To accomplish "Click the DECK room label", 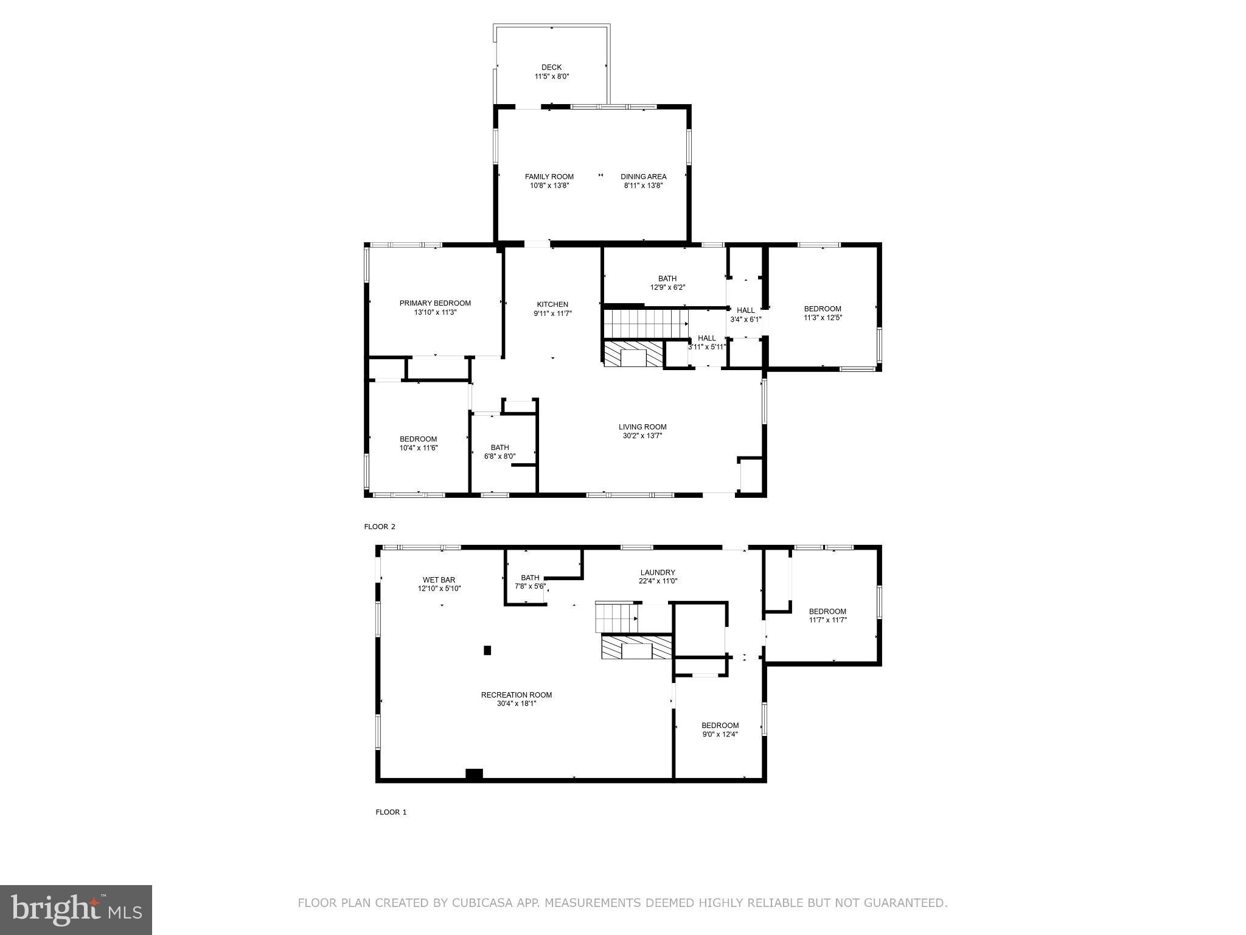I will [x=551, y=68].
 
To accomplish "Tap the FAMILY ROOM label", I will [x=549, y=177].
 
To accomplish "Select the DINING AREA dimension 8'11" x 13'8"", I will [x=643, y=186].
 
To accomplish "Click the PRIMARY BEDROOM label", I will [x=435, y=303].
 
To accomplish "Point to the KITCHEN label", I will [x=552, y=304].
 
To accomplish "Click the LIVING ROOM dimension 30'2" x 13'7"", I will [x=642, y=436].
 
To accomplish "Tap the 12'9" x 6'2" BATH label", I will [x=667, y=283].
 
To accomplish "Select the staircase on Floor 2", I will [x=645, y=323].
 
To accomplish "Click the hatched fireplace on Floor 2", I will [x=632, y=354].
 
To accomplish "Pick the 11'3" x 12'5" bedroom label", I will [x=823, y=313].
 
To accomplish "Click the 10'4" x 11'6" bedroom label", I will [x=418, y=443].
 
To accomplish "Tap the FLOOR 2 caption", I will [x=380, y=527].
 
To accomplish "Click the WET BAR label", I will [x=439, y=580].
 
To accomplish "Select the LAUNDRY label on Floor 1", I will [x=658, y=572].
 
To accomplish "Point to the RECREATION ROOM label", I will [x=517, y=695].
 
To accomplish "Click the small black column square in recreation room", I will [x=487, y=650].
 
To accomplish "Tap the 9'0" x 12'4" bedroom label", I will [x=720, y=729].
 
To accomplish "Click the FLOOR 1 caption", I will [x=391, y=812].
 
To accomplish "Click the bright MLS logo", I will [x=76, y=909].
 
